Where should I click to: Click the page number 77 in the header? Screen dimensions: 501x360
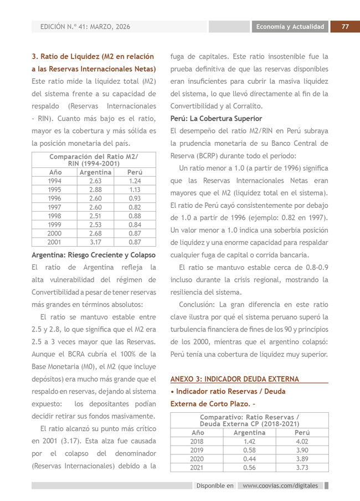(x=344, y=27)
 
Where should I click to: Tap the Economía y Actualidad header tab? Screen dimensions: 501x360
(x=290, y=27)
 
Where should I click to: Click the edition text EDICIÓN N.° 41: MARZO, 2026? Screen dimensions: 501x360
(x=85, y=27)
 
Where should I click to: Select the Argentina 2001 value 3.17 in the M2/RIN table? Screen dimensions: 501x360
(x=95, y=242)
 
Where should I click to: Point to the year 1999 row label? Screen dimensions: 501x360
(x=55, y=225)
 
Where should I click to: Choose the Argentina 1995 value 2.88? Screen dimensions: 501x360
(x=95, y=190)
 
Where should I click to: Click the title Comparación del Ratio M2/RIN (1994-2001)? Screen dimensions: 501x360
(x=94, y=160)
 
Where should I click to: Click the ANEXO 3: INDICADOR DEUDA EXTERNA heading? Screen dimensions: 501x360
(x=234, y=379)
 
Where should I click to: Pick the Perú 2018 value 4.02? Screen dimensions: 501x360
(x=302, y=442)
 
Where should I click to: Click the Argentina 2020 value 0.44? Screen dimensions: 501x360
(x=249, y=459)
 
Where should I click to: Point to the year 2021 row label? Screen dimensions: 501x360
(x=197, y=467)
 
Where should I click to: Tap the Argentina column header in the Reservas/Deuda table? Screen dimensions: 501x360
(x=249, y=432)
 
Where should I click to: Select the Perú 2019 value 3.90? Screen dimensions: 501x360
(x=302, y=451)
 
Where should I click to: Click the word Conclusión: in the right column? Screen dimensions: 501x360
(x=197, y=305)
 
